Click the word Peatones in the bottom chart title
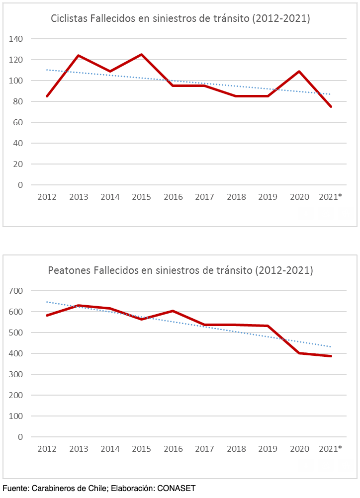pyautogui.click(x=67, y=271)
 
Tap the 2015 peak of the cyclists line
pyautogui.click(x=142, y=55)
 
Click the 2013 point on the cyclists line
pyautogui.click(x=79, y=56)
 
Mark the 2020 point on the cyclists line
pyautogui.click(x=299, y=71)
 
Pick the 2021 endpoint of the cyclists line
pyautogui.click(x=331, y=106)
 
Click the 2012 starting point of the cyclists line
pyautogui.click(x=47, y=96)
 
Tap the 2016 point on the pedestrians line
pyautogui.click(x=173, y=311)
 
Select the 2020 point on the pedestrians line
pyautogui.click(x=299, y=353)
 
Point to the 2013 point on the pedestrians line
pyautogui.click(x=79, y=306)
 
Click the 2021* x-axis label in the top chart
pyautogui.click(x=330, y=197)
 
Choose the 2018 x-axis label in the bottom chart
pyautogui.click(x=236, y=449)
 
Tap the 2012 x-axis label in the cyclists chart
pyautogui.click(x=47, y=197)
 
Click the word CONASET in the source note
pyautogui.click(x=176, y=489)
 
